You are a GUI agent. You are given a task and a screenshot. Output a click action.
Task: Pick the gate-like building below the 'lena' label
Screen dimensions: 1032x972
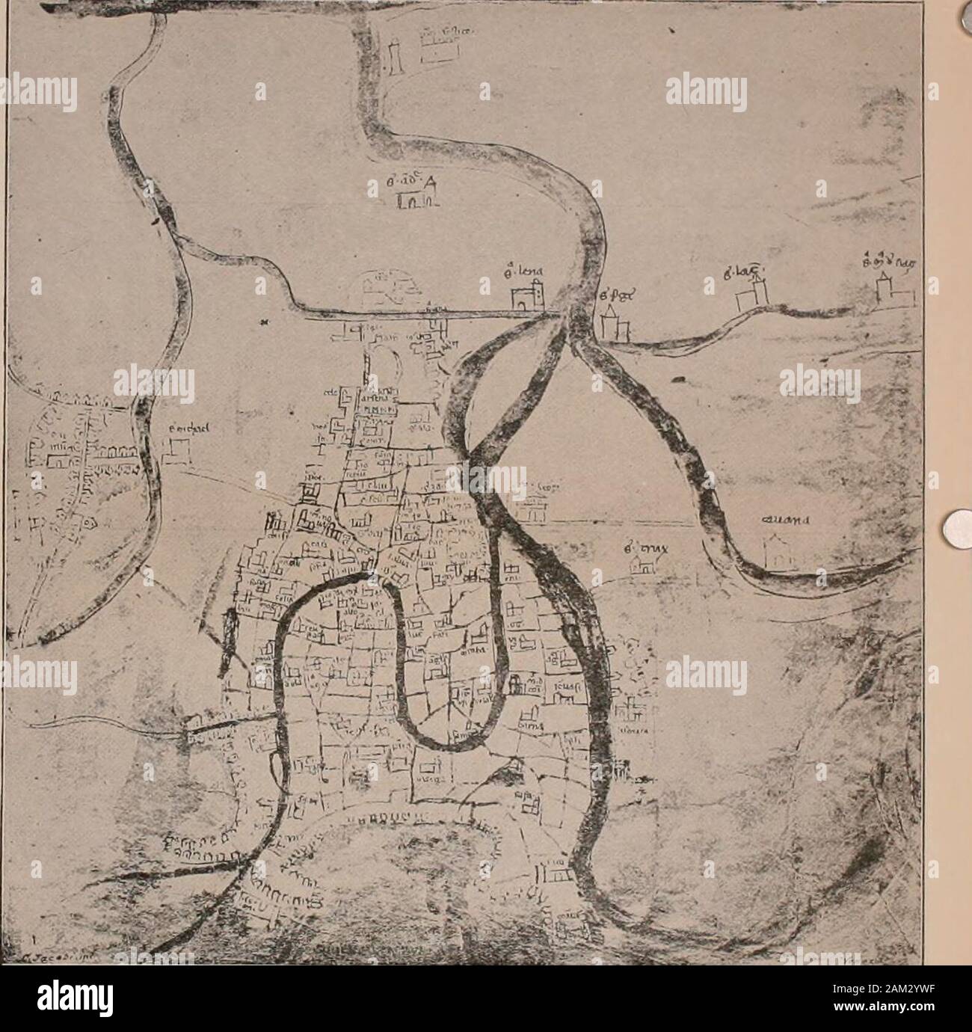tap(529, 298)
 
